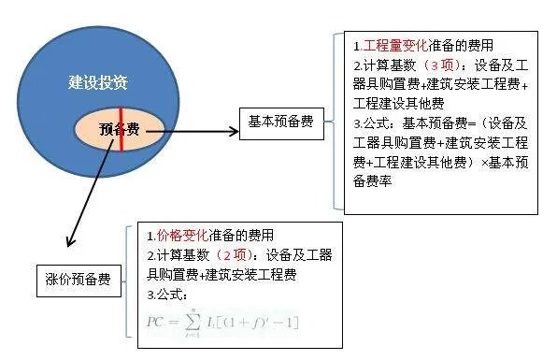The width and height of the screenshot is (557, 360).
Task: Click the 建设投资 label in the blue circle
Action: click(x=97, y=82)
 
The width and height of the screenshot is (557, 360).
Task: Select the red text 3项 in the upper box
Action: click(x=447, y=65)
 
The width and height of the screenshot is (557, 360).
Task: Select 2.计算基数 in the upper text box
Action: click(x=385, y=65)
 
